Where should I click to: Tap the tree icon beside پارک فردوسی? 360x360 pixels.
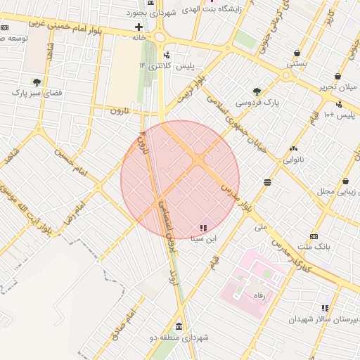click(257, 91)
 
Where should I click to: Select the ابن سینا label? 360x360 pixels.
click(203, 238)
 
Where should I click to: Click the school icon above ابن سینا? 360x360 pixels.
click(203, 228)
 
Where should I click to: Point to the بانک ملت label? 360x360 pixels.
click(314, 247)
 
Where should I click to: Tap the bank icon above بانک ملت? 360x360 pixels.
click(314, 236)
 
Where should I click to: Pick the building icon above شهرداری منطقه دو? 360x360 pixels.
click(178, 328)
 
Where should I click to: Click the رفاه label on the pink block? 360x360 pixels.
click(256, 296)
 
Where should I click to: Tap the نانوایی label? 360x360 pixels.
click(294, 159)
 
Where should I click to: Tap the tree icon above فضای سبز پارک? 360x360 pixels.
click(36, 82)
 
